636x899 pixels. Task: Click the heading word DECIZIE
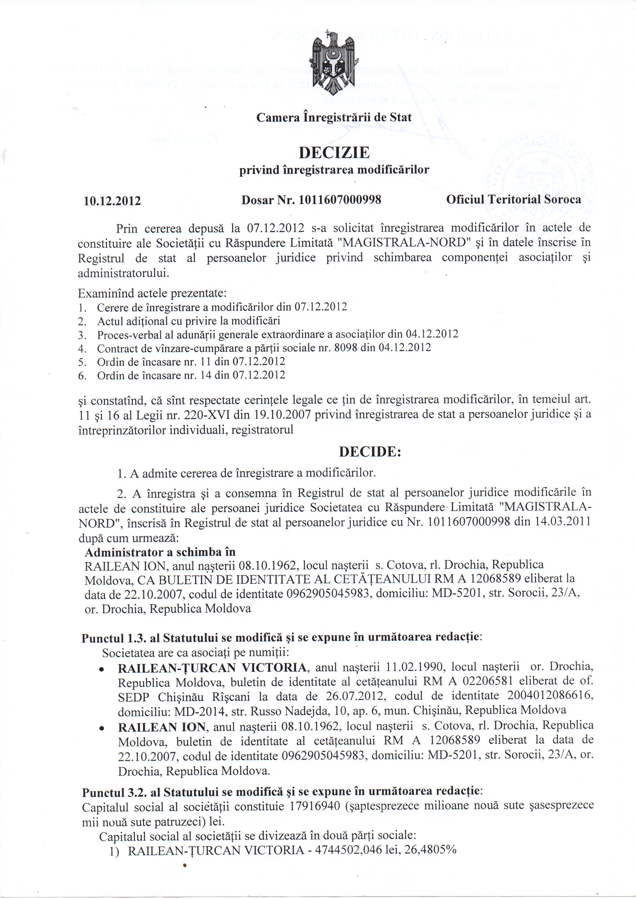click(334, 152)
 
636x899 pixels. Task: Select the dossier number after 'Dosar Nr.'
click(340, 200)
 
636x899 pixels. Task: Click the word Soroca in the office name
click(562, 199)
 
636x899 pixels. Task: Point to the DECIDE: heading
click(370, 452)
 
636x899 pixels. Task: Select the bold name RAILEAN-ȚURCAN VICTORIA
click(212, 667)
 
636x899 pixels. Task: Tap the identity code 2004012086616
click(550, 696)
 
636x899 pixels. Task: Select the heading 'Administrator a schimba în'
click(160, 552)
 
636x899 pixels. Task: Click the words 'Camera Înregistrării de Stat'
click(334, 117)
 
